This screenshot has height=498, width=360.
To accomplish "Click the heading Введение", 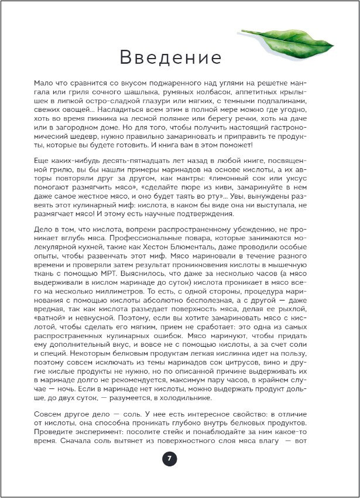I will point(170,58).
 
